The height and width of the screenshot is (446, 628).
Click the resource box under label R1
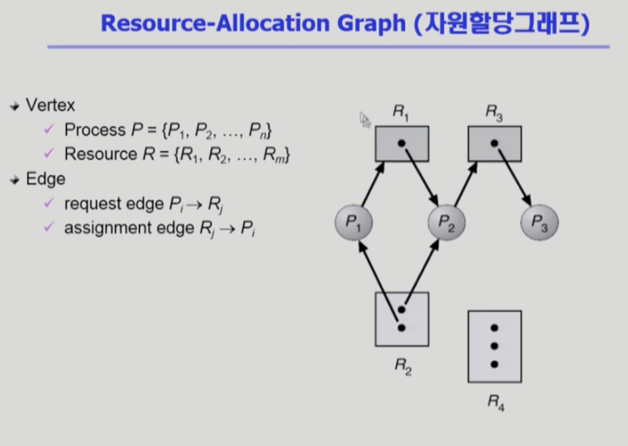tap(402, 144)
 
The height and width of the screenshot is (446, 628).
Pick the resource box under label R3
tap(495, 144)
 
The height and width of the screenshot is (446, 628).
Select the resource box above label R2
tap(402, 319)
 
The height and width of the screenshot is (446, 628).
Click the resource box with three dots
tap(495, 346)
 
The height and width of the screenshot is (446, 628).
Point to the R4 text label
tap(496, 401)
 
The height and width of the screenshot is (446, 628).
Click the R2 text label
tap(403, 366)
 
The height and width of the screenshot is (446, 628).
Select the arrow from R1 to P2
tap(420, 176)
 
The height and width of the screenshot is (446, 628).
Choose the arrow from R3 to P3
tap(514, 176)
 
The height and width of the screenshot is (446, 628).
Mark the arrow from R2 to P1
tap(377, 282)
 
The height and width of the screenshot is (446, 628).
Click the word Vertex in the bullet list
tap(51, 105)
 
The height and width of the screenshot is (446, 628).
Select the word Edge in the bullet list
tap(45, 179)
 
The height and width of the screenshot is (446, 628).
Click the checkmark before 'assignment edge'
tap(49, 228)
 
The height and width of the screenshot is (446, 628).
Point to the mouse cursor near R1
tap(365, 119)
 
